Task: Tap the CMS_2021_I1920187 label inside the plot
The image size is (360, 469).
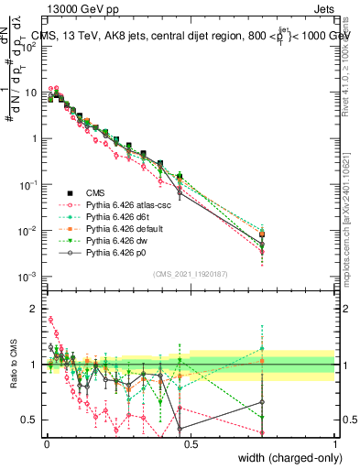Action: point(191,273)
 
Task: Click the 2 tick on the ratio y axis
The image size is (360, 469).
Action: point(34,309)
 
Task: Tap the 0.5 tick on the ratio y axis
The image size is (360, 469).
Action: point(30,420)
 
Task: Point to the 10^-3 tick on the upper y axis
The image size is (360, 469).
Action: point(27,276)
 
